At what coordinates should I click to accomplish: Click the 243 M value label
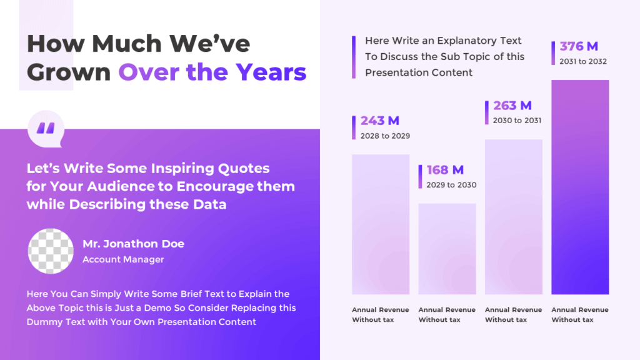[379, 121]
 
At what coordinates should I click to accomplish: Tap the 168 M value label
[445, 170]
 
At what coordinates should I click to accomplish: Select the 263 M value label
[512, 106]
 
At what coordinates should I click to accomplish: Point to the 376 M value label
[579, 46]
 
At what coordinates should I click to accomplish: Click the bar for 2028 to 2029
[381, 224]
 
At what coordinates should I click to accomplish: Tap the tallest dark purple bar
[580, 187]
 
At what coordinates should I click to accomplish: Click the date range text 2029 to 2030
[451, 185]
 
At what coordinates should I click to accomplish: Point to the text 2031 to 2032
[583, 61]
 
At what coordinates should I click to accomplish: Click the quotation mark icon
[46, 129]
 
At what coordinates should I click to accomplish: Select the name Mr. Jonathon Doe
[133, 244]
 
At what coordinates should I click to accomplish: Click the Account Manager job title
[123, 259]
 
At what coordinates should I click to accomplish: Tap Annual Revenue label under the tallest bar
[579, 310]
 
